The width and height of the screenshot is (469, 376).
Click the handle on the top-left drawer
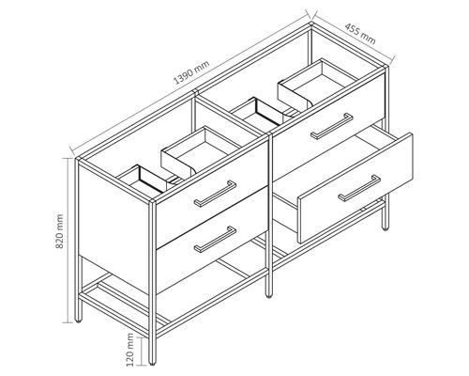(x=214, y=195)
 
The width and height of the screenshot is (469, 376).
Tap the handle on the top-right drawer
(x=331, y=126)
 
